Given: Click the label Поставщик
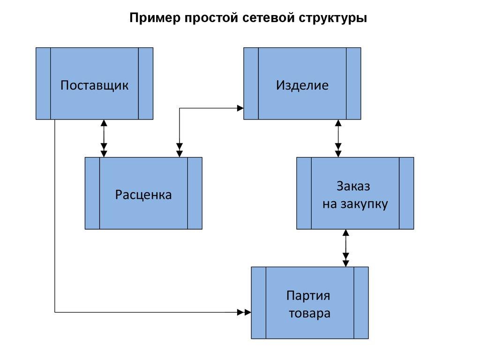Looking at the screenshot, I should pyautogui.click(x=94, y=85).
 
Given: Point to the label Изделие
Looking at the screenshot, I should pyautogui.click(x=302, y=85).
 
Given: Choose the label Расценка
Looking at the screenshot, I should pyautogui.click(x=143, y=195).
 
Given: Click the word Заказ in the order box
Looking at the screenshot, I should pyautogui.click(x=353, y=186).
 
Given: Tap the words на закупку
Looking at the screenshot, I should pyautogui.click(x=355, y=204).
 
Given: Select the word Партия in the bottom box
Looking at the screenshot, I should pyautogui.click(x=308, y=296).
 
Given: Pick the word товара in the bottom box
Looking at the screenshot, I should pyautogui.click(x=309, y=313).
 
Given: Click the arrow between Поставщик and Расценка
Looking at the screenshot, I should pyautogui.click(x=104, y=138).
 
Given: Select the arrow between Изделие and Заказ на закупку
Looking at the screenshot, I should pyautogui.click(x=338, y=138).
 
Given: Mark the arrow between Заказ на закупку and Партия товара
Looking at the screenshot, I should pyautogui.click(x=346, y=247).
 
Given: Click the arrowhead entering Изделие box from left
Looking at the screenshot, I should pyautogui.click(x=240, y=108).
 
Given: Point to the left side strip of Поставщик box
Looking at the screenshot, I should pyautogui.click(x=43, y=83).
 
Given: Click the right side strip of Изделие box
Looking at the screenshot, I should pyautogui.click(x=353, y=83).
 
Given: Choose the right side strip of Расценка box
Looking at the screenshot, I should pyautogui.click(x=195, y=193).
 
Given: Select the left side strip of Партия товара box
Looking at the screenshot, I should pyautogui.click(x=258, y=303).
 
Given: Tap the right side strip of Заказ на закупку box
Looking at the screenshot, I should pyautogui.click(x=406, y=193).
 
